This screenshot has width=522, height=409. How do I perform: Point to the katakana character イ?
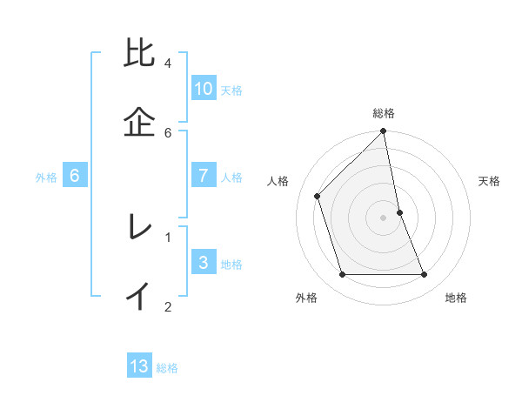coord(140,296)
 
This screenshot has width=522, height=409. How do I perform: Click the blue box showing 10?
coord(204,89)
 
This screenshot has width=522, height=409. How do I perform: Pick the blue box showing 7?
coord(204,176)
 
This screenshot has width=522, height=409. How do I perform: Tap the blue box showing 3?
coord(204,263)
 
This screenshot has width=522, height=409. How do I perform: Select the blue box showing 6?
coord(75,176)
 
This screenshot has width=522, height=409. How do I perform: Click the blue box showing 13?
coord(139,366)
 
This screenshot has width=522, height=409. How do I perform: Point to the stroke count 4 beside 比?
coord(168,64)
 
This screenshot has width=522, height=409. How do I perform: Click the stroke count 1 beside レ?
coord(168,236)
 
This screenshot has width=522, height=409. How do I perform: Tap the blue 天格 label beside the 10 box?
coord(231,91)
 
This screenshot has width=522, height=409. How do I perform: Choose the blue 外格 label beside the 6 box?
coord(46,178)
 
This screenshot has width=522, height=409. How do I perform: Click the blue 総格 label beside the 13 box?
coord(167,368)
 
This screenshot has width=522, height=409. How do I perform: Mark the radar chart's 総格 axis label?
coord(384,113)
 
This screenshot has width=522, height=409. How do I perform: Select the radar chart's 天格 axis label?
coord(490,181)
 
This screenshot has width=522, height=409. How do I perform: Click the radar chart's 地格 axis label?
coord(456,298)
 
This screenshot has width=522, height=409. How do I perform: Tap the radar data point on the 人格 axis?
coord(318,196)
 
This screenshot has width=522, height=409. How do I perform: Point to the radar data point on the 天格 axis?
coord(399,212)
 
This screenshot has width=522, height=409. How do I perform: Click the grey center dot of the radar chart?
coord(384,218)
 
